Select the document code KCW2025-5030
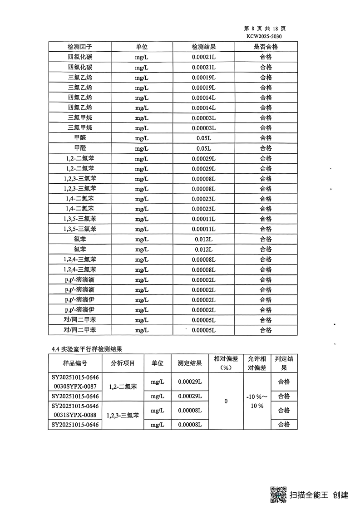(x=266, y=36)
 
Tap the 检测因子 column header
(x=79, y=47)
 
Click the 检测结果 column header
(x=203, y=47)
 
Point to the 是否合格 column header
(x=266, y=47)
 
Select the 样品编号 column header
(x=75, y=363)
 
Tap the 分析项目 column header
(x=123, y=363)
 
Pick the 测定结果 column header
(x=190, y=363)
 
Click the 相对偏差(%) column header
(x=226, y=363)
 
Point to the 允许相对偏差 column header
(x=257, y=363)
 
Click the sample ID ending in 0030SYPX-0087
(x=75, y=382)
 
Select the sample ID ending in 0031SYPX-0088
(x=75, y=410)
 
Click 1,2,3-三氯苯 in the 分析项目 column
(x=123, y=415)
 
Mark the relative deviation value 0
(x=226, y=401)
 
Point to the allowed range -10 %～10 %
(x=257, y=401)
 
